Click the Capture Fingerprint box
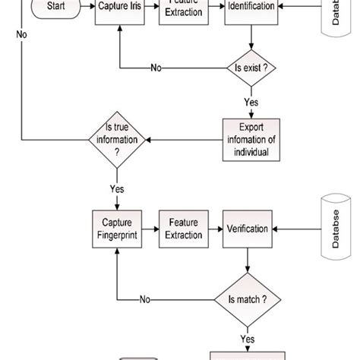tap(117, 229)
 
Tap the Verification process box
tap(248, 229)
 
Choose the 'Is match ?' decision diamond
tap(248, 298)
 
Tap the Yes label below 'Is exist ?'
tap(251, 102)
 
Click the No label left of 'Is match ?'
tap(145, 299)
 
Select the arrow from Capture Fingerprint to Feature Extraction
tap(150, 229)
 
